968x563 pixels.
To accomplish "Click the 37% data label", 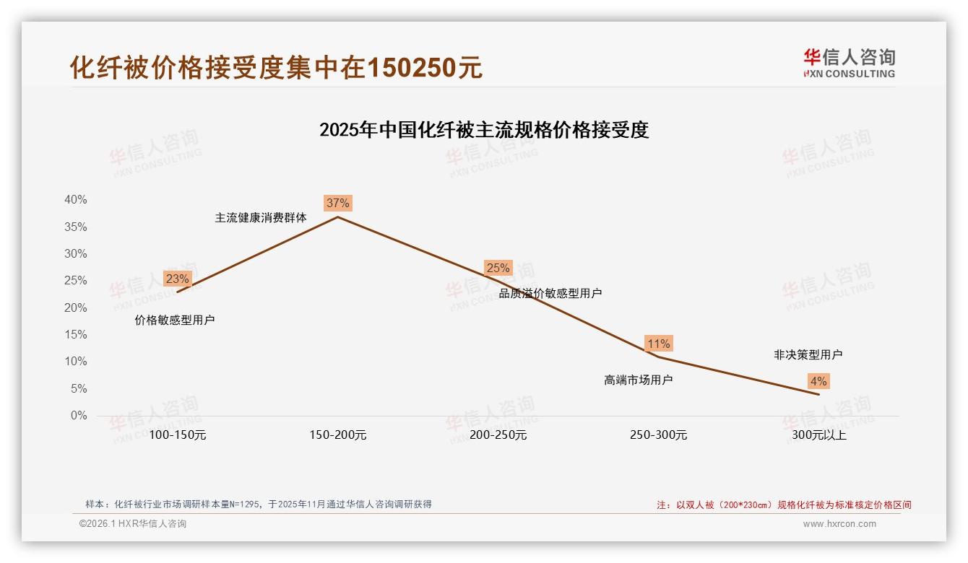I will coord(337,203).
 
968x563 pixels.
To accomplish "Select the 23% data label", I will coord(177,279).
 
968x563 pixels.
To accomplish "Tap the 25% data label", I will coord(498,268).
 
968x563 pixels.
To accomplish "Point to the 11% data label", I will coord(658,344).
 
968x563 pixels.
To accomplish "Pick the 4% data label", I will coord(818,381).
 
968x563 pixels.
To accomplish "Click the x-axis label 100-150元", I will coord(177,435).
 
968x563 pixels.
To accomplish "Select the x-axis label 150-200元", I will coord(337,435).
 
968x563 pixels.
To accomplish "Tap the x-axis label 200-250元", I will coord(498,435).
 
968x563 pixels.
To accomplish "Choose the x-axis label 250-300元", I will coord(658,435).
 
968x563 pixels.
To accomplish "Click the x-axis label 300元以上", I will coord(818,435).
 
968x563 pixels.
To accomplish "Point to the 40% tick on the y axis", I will coord(75,200).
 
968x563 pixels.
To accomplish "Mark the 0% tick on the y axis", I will coord(79,416).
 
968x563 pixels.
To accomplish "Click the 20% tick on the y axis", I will coord(75,307).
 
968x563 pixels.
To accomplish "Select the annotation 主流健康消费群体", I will coord(261,217).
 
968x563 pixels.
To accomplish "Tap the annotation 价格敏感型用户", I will coord(175,320).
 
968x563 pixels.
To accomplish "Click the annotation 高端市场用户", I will coord(638,380).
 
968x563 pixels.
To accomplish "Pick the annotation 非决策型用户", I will coord(808,354).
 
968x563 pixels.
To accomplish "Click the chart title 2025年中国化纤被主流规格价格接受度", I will coord(484,130).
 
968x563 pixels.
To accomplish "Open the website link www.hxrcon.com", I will coord(839,524).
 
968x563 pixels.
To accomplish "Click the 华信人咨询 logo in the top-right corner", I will coord(849,63).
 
